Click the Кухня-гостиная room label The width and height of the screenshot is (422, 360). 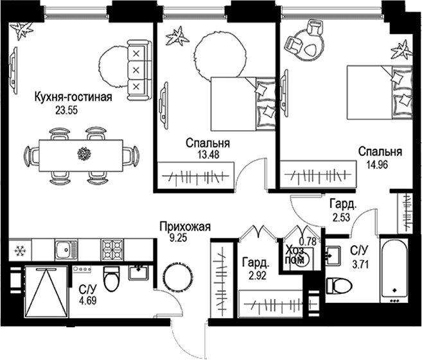click(x=73, y=97)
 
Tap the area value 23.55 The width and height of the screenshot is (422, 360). click(x=66, y=110)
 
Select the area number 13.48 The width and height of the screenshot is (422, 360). click(x=207, y=155)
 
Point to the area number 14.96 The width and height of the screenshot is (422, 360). click(x=377, y=164)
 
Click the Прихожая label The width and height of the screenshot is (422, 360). click(x=184, y=227)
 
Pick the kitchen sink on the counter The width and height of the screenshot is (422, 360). click(x=66, y=250)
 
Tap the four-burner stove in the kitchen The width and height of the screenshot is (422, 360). click(x=112, y=250)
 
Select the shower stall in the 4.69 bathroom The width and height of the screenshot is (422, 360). click(x=46, y=292)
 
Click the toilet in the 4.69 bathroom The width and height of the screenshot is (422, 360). click(x=110, y=279)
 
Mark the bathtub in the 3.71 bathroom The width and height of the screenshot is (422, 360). click(x=394, y=270)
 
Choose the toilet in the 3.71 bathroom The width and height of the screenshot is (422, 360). click(x=339, y=286)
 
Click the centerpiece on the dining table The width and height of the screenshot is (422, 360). click(x=84, y=153)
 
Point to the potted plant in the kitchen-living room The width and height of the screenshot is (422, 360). click(x=21, y=30)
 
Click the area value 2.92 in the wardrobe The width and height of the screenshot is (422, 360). click(x=256, y=275)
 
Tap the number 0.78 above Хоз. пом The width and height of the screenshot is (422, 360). click(x=308, y=241)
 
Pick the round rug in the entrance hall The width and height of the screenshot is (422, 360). click(x=178, y=275)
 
